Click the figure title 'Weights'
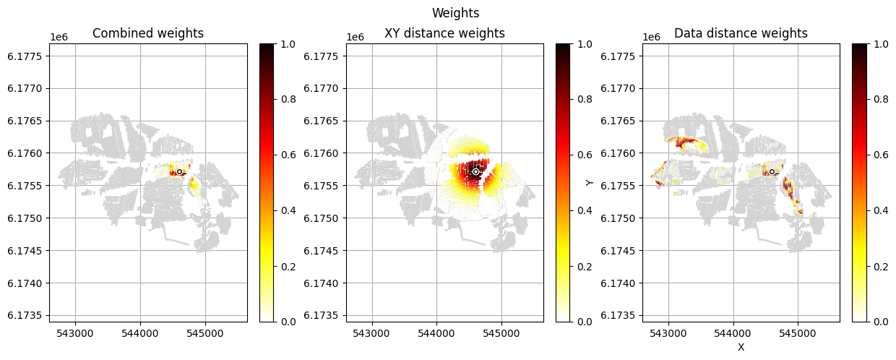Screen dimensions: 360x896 455,13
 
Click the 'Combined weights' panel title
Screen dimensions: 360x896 148,33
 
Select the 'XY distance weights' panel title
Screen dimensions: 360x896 444,33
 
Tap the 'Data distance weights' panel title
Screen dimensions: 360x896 741,33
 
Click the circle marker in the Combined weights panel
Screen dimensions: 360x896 179,171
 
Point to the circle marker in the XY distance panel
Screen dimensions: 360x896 475,171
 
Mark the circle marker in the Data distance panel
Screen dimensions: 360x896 772,171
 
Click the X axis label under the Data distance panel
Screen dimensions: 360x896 741,347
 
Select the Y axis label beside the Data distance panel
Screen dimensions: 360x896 590,182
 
